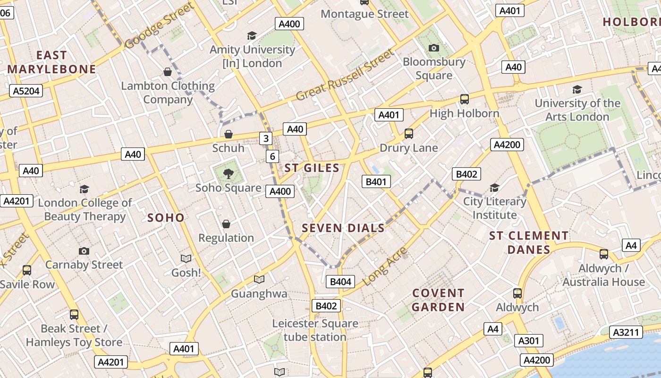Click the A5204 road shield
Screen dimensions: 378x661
[x=26, y=91]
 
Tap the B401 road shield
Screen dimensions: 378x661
[x=376, y=181]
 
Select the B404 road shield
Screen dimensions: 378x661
[x=340, y=282]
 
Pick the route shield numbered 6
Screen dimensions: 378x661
[x=272, y=156]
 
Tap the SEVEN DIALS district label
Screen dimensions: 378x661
[x=343, y=228]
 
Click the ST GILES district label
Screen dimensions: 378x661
[x=312, y=168]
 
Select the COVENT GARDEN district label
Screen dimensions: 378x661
[x=438, y=300]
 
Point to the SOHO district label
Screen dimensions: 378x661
[x=166, y=217]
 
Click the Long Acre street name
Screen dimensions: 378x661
[x=386, y=267]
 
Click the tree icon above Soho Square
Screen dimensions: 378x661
[x=229, y=173]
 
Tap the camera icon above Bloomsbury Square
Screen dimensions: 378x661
[x=433, y=48]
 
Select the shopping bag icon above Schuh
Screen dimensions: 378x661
[x=229, y=134]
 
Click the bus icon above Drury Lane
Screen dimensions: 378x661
[x=409, y=134]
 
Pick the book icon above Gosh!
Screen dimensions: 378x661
[x=186, y=258]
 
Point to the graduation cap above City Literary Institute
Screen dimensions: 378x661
[x=494, y=188]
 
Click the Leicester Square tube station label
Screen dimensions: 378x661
[x=315, y=330]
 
